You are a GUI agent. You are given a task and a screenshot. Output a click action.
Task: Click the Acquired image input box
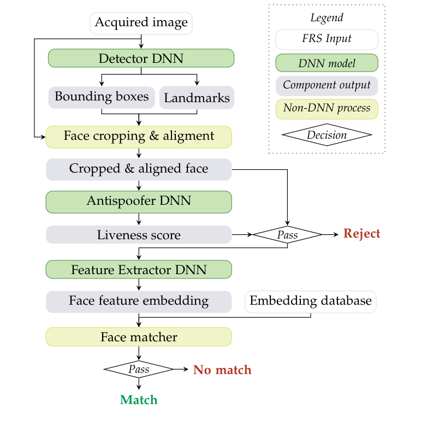click(141, 23)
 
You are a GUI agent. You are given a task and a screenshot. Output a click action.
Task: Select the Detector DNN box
click(141, 58)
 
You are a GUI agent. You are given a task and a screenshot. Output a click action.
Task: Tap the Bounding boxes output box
click(102, 97)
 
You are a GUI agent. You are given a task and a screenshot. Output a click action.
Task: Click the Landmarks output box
click(197, 98)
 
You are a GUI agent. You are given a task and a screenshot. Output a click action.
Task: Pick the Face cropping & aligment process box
click(139, 137)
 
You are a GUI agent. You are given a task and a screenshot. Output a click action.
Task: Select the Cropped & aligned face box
click(139, 169)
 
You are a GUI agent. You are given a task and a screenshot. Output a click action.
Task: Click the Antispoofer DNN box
click(139, 201)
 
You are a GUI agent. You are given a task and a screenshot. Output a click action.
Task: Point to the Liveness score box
click(139, 235)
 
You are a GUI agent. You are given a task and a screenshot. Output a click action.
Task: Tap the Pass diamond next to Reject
click(287, 235)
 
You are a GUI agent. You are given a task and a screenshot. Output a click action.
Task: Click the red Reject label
click(361, 234)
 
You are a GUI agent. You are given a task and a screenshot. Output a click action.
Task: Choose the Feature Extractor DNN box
click(139, 269)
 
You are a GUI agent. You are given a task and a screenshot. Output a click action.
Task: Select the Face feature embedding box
click(139, 301)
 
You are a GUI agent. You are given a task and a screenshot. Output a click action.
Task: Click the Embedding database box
click(310, 301)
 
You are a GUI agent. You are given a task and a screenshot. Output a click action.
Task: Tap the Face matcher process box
click(139, 337)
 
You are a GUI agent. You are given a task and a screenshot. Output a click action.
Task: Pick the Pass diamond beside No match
click(139, 370)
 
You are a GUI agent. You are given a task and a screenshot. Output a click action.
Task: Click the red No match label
click(222, 370)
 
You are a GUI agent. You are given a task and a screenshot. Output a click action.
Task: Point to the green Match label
click(139, 400)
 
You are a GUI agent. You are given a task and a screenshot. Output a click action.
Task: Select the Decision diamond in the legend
click(327, 135)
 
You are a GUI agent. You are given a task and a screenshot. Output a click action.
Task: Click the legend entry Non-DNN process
click(327, 109)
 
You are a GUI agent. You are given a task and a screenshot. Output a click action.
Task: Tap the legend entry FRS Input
click(327, 39)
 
